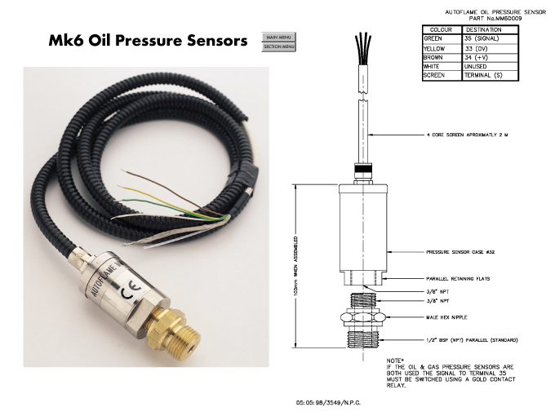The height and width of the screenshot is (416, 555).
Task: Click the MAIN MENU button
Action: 278,37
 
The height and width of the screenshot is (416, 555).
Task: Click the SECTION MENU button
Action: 278,46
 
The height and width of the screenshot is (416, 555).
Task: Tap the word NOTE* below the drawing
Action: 394,360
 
